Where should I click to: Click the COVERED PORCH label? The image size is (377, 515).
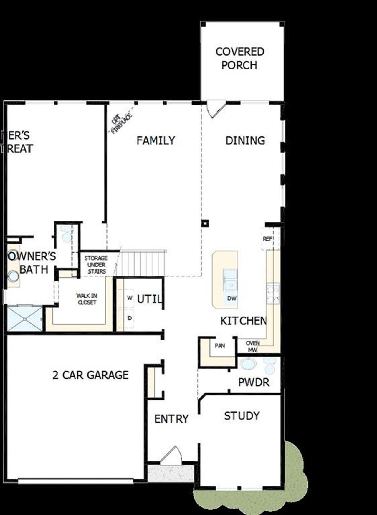(239, 58)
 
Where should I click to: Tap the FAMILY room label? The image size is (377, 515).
(156, 140)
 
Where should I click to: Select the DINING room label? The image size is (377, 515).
(245, 140)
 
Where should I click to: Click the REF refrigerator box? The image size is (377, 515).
(267, 239)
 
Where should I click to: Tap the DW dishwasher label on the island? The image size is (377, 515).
(232, 298)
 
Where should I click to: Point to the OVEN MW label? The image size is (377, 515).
(253, 347)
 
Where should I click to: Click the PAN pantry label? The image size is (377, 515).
(220, 346)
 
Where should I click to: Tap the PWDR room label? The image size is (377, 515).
(254, 382)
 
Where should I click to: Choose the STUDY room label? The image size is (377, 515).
(242, 416)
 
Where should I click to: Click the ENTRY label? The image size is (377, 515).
(171, 419)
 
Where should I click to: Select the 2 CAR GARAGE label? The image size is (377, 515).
(90, 375)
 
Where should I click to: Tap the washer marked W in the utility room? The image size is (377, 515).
(129, 298)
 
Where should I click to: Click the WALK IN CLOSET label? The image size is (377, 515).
(87, 299)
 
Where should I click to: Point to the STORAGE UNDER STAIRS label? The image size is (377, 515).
(96, 265)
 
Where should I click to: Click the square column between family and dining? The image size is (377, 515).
(205, 223)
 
